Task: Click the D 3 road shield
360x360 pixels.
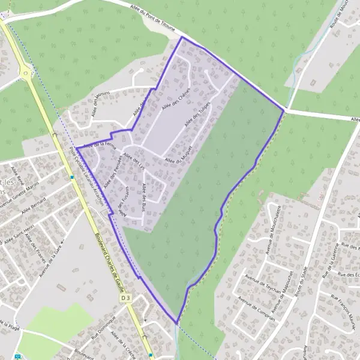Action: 125,298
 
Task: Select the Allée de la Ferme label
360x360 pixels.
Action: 99,144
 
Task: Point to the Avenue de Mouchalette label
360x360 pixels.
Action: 271,227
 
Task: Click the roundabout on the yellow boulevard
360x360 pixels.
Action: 26,73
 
